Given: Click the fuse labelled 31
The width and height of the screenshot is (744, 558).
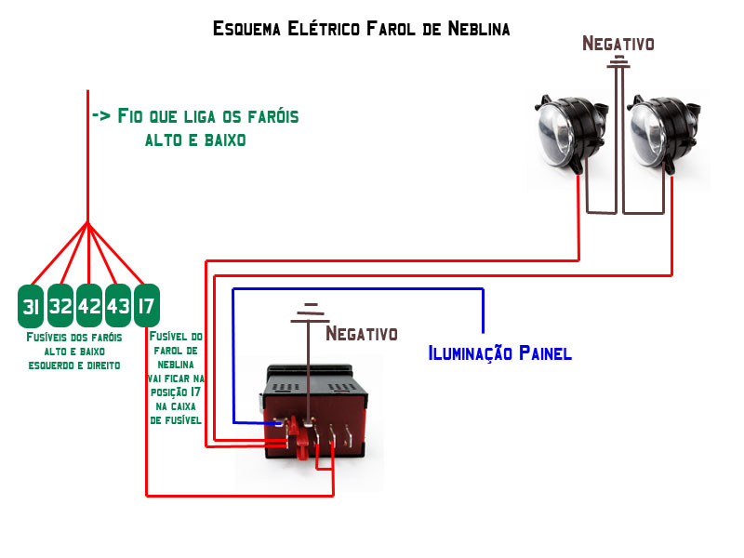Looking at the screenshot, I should [31, 306].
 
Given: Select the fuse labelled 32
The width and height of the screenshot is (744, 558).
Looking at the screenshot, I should [60, 306].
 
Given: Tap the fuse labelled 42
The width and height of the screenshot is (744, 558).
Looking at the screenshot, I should [89, 306].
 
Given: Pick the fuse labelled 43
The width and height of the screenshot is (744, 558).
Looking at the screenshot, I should [118, 306].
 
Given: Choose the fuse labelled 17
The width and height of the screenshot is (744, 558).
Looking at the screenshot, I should [146, 306].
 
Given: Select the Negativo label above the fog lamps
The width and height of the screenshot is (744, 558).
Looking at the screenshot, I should [618, 43].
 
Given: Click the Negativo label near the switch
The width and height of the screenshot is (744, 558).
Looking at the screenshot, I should [362, 333].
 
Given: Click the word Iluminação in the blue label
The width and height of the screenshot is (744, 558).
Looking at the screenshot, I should [468, 353].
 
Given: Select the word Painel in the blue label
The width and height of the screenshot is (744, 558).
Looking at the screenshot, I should [543, 353].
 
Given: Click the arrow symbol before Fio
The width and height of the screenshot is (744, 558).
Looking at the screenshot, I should [101, 116].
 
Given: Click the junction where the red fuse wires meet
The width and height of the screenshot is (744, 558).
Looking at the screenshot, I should [87, 223].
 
